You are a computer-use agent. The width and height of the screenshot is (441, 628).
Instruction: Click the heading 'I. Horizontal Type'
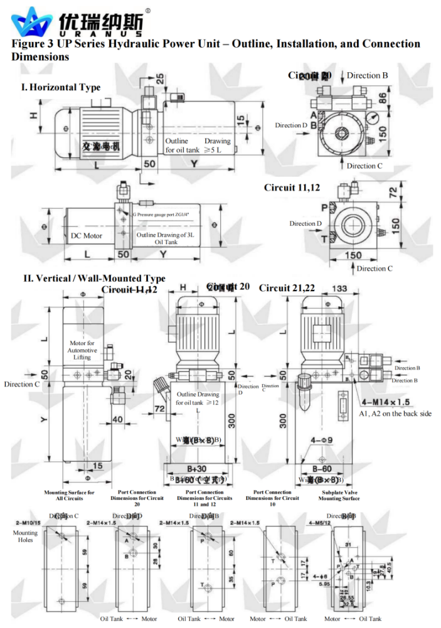point(61,87)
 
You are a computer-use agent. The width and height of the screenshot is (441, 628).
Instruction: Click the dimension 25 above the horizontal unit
point(161,78)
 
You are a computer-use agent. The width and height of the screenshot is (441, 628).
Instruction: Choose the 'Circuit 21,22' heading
point(287,287)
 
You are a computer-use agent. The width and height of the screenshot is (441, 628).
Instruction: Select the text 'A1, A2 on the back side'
point(395,413)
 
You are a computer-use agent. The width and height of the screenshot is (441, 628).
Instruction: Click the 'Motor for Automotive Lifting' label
point(82,350)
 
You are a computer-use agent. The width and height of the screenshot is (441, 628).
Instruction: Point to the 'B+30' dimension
point(196,469)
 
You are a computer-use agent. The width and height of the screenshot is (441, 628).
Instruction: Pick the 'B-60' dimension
point(322,469)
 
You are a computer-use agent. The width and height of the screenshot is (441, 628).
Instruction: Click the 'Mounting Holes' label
point(25,536)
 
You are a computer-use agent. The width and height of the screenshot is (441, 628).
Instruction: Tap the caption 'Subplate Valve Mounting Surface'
point(341,496)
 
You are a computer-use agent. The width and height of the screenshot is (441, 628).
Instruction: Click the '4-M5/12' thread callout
point(319,523)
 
